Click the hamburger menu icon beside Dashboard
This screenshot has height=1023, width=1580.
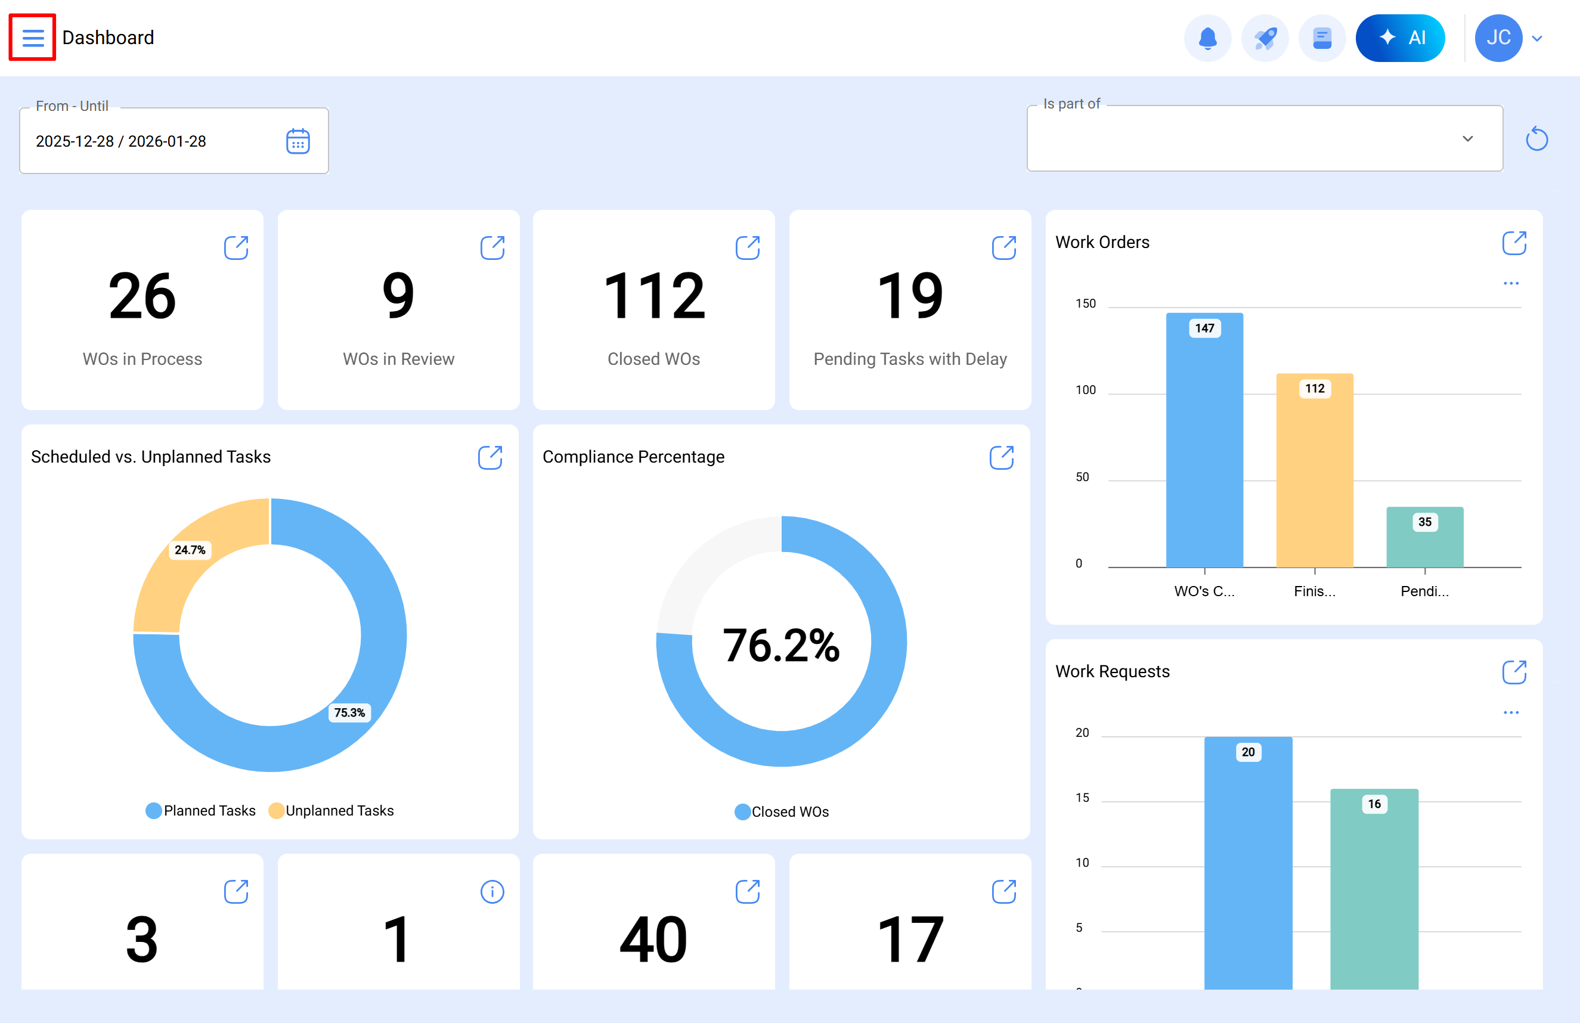33,37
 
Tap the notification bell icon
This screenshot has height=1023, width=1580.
1207,38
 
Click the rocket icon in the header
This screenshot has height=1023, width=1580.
1265,38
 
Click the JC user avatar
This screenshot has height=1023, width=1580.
1498,38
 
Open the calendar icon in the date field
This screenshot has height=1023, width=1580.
298,141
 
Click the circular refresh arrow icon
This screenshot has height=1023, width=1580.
1536,139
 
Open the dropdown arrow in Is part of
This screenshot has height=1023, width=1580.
1467,139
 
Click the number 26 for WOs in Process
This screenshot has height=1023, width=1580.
142,296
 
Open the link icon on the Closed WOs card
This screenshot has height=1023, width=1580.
748,247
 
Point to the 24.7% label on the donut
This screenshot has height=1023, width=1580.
190,550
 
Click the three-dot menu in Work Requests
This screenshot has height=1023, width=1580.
1511,712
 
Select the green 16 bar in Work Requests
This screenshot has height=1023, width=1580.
1374,889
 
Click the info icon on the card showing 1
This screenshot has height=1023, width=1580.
492,892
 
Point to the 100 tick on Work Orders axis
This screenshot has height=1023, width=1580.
1085,390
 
